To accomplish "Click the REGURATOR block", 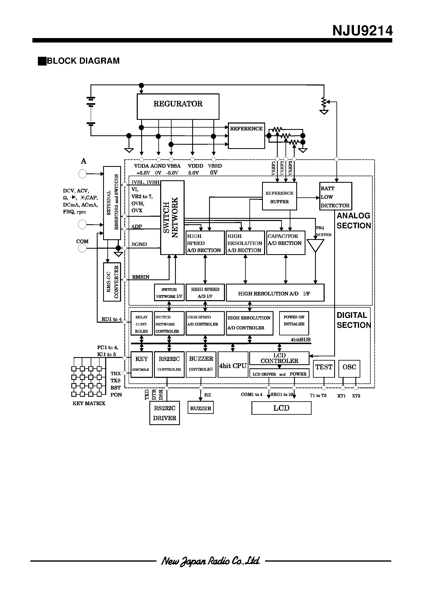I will tap(178, 106).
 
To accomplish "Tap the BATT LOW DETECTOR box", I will tap(335, 196).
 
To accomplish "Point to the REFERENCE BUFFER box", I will tap(279, 196).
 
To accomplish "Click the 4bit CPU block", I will tap(233, 364).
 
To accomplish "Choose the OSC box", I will tap(349, 369).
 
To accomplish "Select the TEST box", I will tap(324, 369).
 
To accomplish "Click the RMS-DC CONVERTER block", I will tap(112, 282).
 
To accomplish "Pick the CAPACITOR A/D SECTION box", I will tap(285, 243).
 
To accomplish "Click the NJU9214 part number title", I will tap(362, 31).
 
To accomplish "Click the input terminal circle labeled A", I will tap(83, 174).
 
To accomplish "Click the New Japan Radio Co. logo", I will tap(211, 561).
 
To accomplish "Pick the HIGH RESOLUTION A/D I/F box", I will tap(275, 293).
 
